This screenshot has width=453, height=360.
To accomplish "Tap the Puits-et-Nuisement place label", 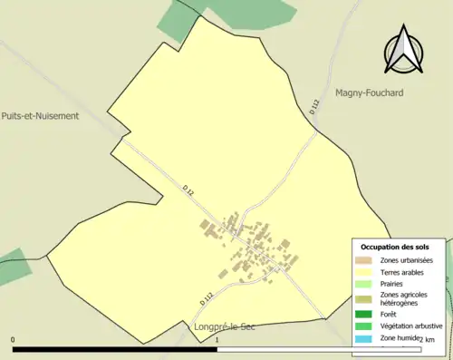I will [x=40, y=116].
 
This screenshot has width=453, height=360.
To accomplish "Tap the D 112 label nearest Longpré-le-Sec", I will [x=207, y=294].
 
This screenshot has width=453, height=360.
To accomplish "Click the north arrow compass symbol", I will [x=404, y=50].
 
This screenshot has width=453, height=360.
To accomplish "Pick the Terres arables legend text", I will [x=403, y=271].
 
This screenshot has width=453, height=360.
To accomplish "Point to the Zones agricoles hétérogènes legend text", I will [x=404, y=298].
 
